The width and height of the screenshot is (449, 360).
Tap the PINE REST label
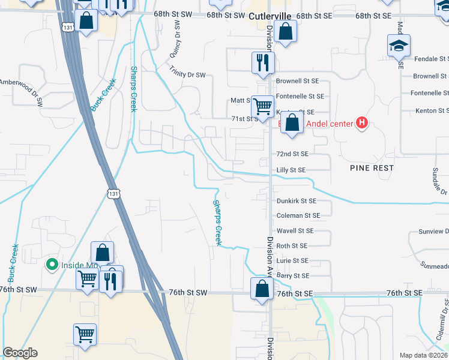coord(372,168)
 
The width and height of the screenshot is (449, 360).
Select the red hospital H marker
coord(361,124)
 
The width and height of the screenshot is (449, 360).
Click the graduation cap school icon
coord(399,46)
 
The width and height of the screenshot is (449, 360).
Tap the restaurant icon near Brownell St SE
coord(263,62)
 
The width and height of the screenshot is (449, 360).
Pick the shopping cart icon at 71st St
coord(263,107)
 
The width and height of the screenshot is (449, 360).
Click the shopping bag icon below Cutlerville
coord(286,31)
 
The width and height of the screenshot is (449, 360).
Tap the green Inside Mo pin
coord(52,264)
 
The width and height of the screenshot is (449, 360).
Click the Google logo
coord(20,353)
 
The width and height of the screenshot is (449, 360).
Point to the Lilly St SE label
coord(292,170)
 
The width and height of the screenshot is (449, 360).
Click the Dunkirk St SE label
coord(296,201)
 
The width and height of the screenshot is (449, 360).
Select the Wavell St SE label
coord(295,230)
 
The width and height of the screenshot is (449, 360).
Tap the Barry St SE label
coord(292,275)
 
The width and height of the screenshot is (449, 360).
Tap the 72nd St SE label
coord(292,154)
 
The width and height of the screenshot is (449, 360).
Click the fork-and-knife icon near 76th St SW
coord(110,280)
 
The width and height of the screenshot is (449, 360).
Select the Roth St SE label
coord(292,246)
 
